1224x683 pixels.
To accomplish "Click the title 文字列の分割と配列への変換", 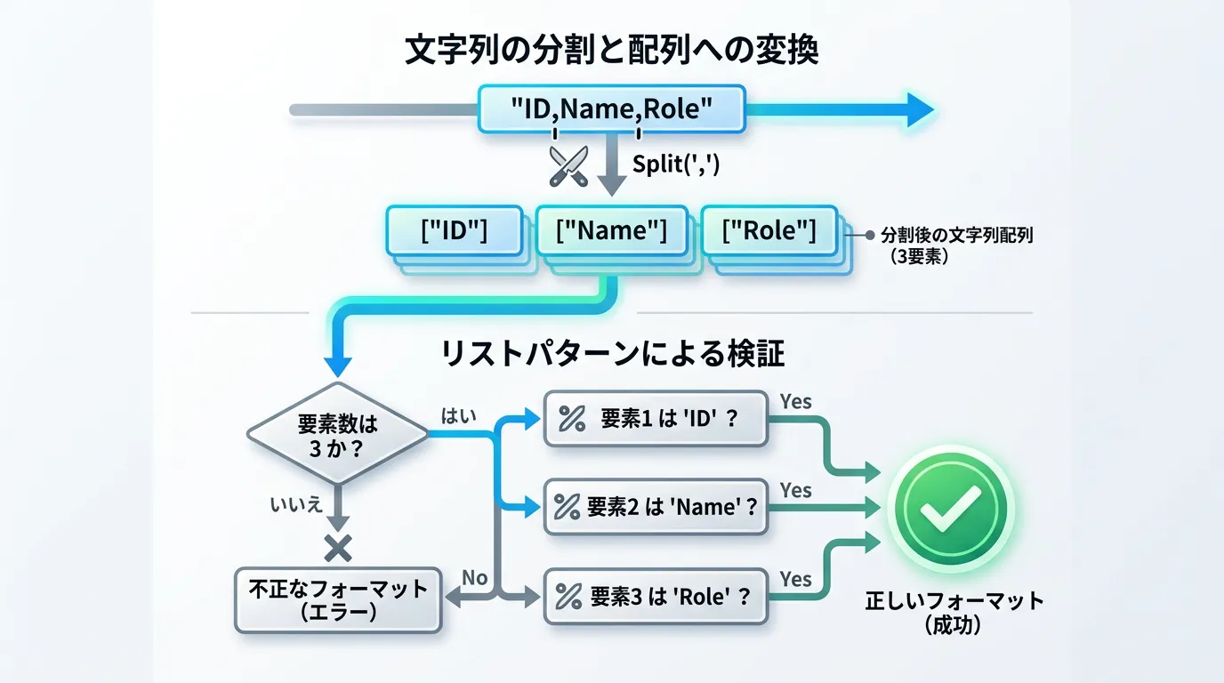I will [611, 50].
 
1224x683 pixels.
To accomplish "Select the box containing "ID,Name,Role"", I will [611, 109].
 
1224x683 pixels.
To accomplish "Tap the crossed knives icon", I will [568, 166].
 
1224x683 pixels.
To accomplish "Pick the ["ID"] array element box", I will [454, 230].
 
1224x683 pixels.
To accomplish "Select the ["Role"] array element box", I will [769, 230].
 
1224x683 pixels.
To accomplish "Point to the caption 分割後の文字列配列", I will [957, 237].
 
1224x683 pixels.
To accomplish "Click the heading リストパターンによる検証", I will [613, 355].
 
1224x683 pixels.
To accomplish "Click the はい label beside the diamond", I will [459, 415].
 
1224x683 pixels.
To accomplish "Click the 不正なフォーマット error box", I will [338, 599].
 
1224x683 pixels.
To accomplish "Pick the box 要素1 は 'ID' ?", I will [656, 418].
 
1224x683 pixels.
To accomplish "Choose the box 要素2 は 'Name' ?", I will [656, 507].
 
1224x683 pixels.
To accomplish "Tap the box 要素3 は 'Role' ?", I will [656, 597].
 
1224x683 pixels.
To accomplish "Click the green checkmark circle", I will [951, 510].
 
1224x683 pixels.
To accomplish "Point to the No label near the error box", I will [475, 578].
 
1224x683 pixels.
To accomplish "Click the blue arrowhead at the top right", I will [920, 109].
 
